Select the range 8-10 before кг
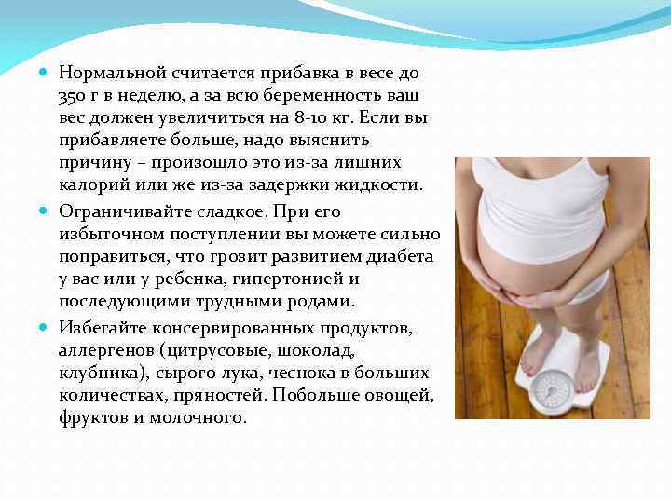point(311,118)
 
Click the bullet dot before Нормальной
point(46,72)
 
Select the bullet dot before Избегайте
point(46,327)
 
